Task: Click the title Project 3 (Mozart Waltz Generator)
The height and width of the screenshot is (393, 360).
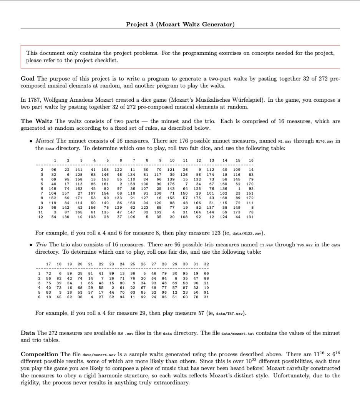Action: click(x=180, y=25)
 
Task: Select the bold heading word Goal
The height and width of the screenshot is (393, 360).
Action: click(x=28, y=78)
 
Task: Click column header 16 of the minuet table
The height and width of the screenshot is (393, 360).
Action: click(x=251, y=160)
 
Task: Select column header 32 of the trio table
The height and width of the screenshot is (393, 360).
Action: click(x=206, y=264)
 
